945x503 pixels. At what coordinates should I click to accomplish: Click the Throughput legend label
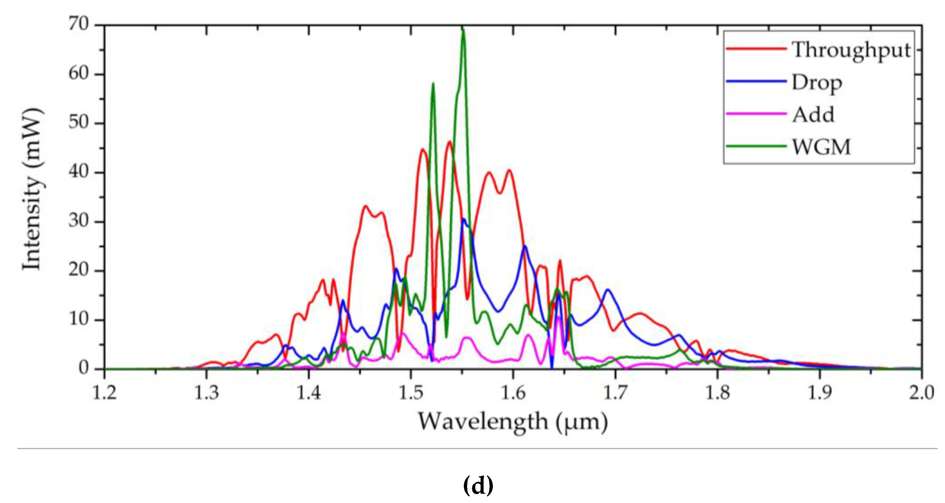click(851, 50)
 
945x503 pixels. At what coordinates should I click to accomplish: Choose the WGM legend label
click(821, 147)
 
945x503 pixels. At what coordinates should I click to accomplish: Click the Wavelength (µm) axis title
click(513, 422)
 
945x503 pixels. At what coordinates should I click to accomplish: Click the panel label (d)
click(478, 485)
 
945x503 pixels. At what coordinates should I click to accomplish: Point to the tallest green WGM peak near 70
click(463, 29)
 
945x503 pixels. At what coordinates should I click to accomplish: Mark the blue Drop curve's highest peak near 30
click(464, 219)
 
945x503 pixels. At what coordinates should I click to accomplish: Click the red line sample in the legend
click(756, 49)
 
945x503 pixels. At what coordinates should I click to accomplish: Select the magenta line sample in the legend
click(756, 114)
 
